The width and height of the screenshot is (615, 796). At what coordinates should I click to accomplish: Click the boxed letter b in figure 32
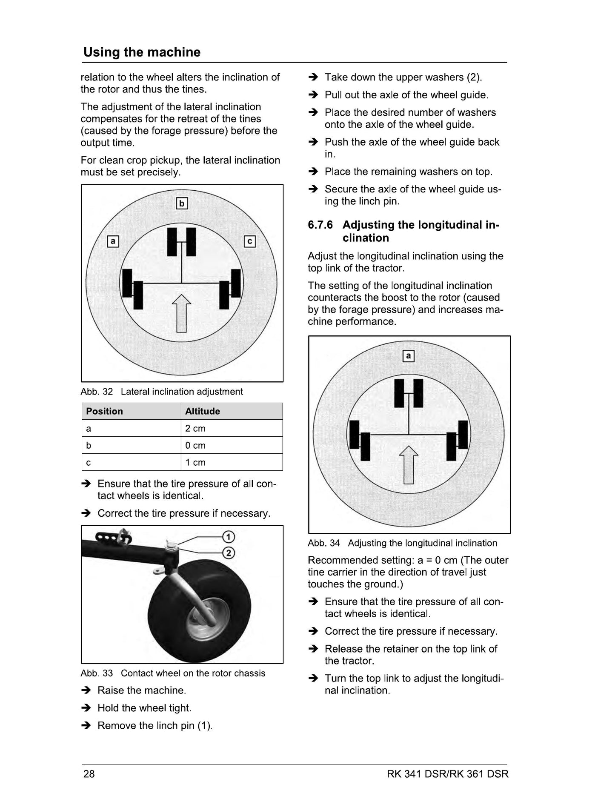pyautogui.click(x=182, y=203)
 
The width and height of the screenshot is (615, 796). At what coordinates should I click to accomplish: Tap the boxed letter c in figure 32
pyautogui.click(x=249, y=241)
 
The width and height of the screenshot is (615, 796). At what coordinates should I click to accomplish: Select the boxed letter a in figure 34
pyautogui.click(x=409, y=355)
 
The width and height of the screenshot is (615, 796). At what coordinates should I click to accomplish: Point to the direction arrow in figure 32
pyautogui.click(x=181, y=313)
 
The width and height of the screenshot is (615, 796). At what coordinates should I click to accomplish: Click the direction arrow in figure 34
pyautogui.click(x=409, y=465)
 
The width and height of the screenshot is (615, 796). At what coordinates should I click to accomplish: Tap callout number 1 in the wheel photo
pyautogui.click(x=229, y=537)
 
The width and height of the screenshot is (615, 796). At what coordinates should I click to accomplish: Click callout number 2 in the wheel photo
pyautogui.click(x=229, y=553)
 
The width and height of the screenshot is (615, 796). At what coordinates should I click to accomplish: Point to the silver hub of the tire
pyautogui.click(x=209, y=619)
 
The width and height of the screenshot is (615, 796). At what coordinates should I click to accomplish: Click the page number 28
pyautogui.click(x=89, y=773)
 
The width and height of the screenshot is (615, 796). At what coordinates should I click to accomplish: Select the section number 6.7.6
pyautogui.click(x=320, y=225)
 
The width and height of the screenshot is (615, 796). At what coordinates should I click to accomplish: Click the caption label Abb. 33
pyautogui.click(x=97, y=673)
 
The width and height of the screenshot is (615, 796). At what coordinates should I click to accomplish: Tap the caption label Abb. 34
pyautogui.click(x=324, y=543)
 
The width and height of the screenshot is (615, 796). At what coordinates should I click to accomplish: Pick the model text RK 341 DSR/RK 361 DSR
pyautogui.click(x=448, y=773)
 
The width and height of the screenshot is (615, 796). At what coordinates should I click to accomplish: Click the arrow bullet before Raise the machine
pyautogui.click(x=86, y=690)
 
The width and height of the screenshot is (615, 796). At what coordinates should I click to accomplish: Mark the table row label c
pyautogui.click(x=89, y=463)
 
